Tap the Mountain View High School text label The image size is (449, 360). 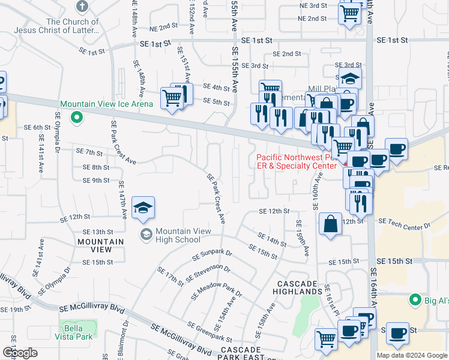[178, 235]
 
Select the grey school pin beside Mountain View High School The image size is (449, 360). [145, 235]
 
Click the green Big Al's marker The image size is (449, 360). [414, 299]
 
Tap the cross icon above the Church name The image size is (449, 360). [82, 7]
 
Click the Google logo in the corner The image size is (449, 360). [19, 352]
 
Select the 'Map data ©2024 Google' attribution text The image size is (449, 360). [411, 355]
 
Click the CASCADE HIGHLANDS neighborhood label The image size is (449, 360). [299, 287]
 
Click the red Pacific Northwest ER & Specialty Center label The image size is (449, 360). [297, 162]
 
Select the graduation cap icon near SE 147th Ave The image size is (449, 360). [143, 208]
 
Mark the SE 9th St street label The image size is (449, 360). [96, 180]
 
